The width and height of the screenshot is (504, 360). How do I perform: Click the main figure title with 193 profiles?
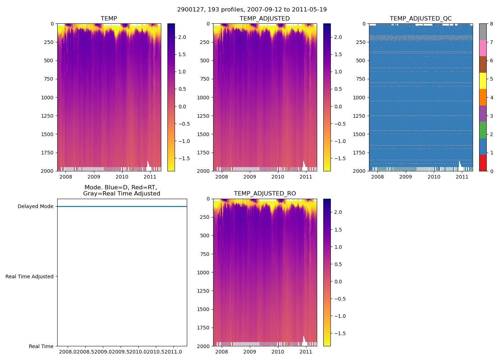click(252, 10)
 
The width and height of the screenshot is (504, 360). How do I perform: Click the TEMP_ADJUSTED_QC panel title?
click(420, 19)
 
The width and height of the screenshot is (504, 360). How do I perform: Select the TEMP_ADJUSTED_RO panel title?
click(265, 194)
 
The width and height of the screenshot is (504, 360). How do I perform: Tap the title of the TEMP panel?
click(109, 19)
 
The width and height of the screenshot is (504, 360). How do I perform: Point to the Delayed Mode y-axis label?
click(35, 207)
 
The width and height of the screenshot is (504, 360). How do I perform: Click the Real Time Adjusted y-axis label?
click(29, 276)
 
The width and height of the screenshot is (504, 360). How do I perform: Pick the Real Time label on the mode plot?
click(41, 346)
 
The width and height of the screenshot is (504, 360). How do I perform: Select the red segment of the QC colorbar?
click(483, 163)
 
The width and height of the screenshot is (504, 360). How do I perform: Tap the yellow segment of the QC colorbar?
click(483, 81)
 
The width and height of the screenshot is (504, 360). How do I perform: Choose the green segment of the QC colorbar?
click(483, 130)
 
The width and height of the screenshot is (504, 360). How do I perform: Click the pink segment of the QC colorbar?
click(483, 48)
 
